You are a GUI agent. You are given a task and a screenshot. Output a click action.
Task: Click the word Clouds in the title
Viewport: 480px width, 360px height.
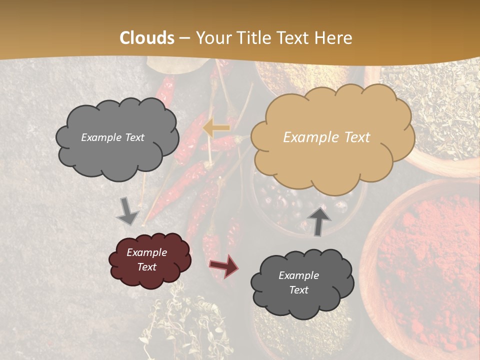coord(147,38)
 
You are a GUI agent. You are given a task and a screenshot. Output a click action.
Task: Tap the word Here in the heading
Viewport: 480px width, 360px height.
coord(333,38)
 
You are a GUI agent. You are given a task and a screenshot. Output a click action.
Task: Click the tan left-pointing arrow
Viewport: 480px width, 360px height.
coord(216,128)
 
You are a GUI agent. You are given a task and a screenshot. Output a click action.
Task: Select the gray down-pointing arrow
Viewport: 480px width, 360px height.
coord(127,211)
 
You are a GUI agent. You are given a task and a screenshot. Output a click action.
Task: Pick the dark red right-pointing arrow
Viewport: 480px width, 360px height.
coord(224,265)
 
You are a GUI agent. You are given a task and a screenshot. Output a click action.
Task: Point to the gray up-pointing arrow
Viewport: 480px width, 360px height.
coord(319,220)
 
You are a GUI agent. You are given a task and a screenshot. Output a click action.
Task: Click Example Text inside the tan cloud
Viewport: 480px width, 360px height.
coord(326,137)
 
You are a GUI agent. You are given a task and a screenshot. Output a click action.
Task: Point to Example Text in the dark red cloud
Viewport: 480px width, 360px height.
coord(147,260)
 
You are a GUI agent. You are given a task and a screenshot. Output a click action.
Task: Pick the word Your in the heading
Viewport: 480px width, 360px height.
coord(212,38)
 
